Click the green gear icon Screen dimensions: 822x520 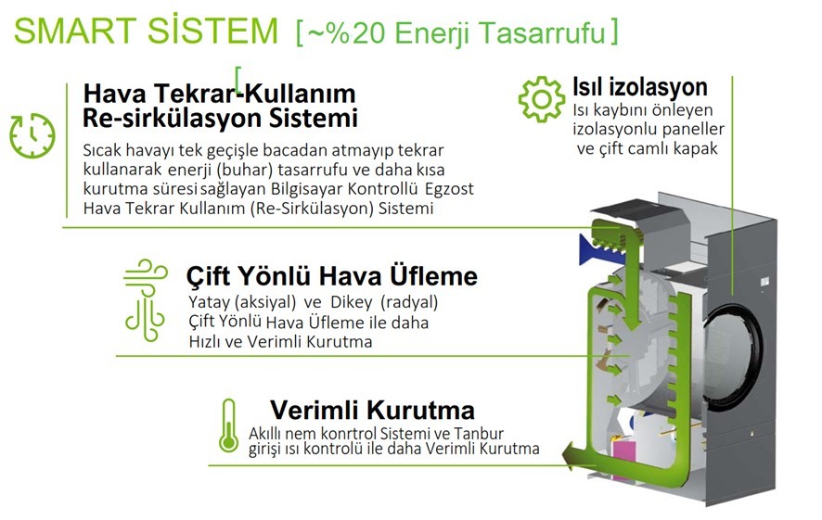[x=542, y=99]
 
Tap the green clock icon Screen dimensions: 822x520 [x=32, y=135]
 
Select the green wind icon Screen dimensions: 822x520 [x=146, y=300]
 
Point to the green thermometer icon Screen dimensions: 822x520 [x=228, y=425]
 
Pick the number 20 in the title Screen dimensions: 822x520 [x=369, y=32]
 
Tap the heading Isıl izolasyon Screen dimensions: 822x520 [x=639, y=87]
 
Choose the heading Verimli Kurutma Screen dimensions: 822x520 [x=372, y=410]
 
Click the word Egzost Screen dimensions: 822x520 [x=449, y=188]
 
